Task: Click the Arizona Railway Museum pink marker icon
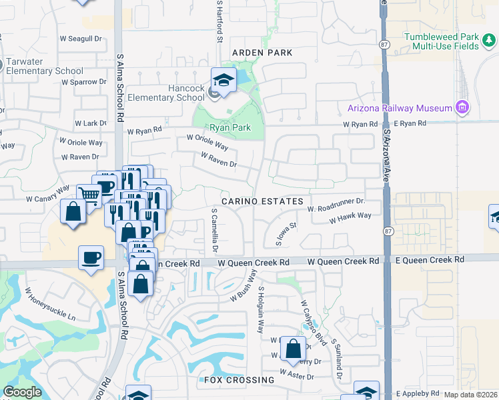461,107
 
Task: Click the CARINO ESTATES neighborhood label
263,201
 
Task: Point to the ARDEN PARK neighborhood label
262,52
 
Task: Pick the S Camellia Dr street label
215,230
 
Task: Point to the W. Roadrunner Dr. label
337,205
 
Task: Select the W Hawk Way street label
350,217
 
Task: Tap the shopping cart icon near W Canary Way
89,194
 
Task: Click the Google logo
22,392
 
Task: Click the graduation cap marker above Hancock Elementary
224,80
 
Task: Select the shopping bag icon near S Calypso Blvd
293,347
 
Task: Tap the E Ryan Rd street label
410,124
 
